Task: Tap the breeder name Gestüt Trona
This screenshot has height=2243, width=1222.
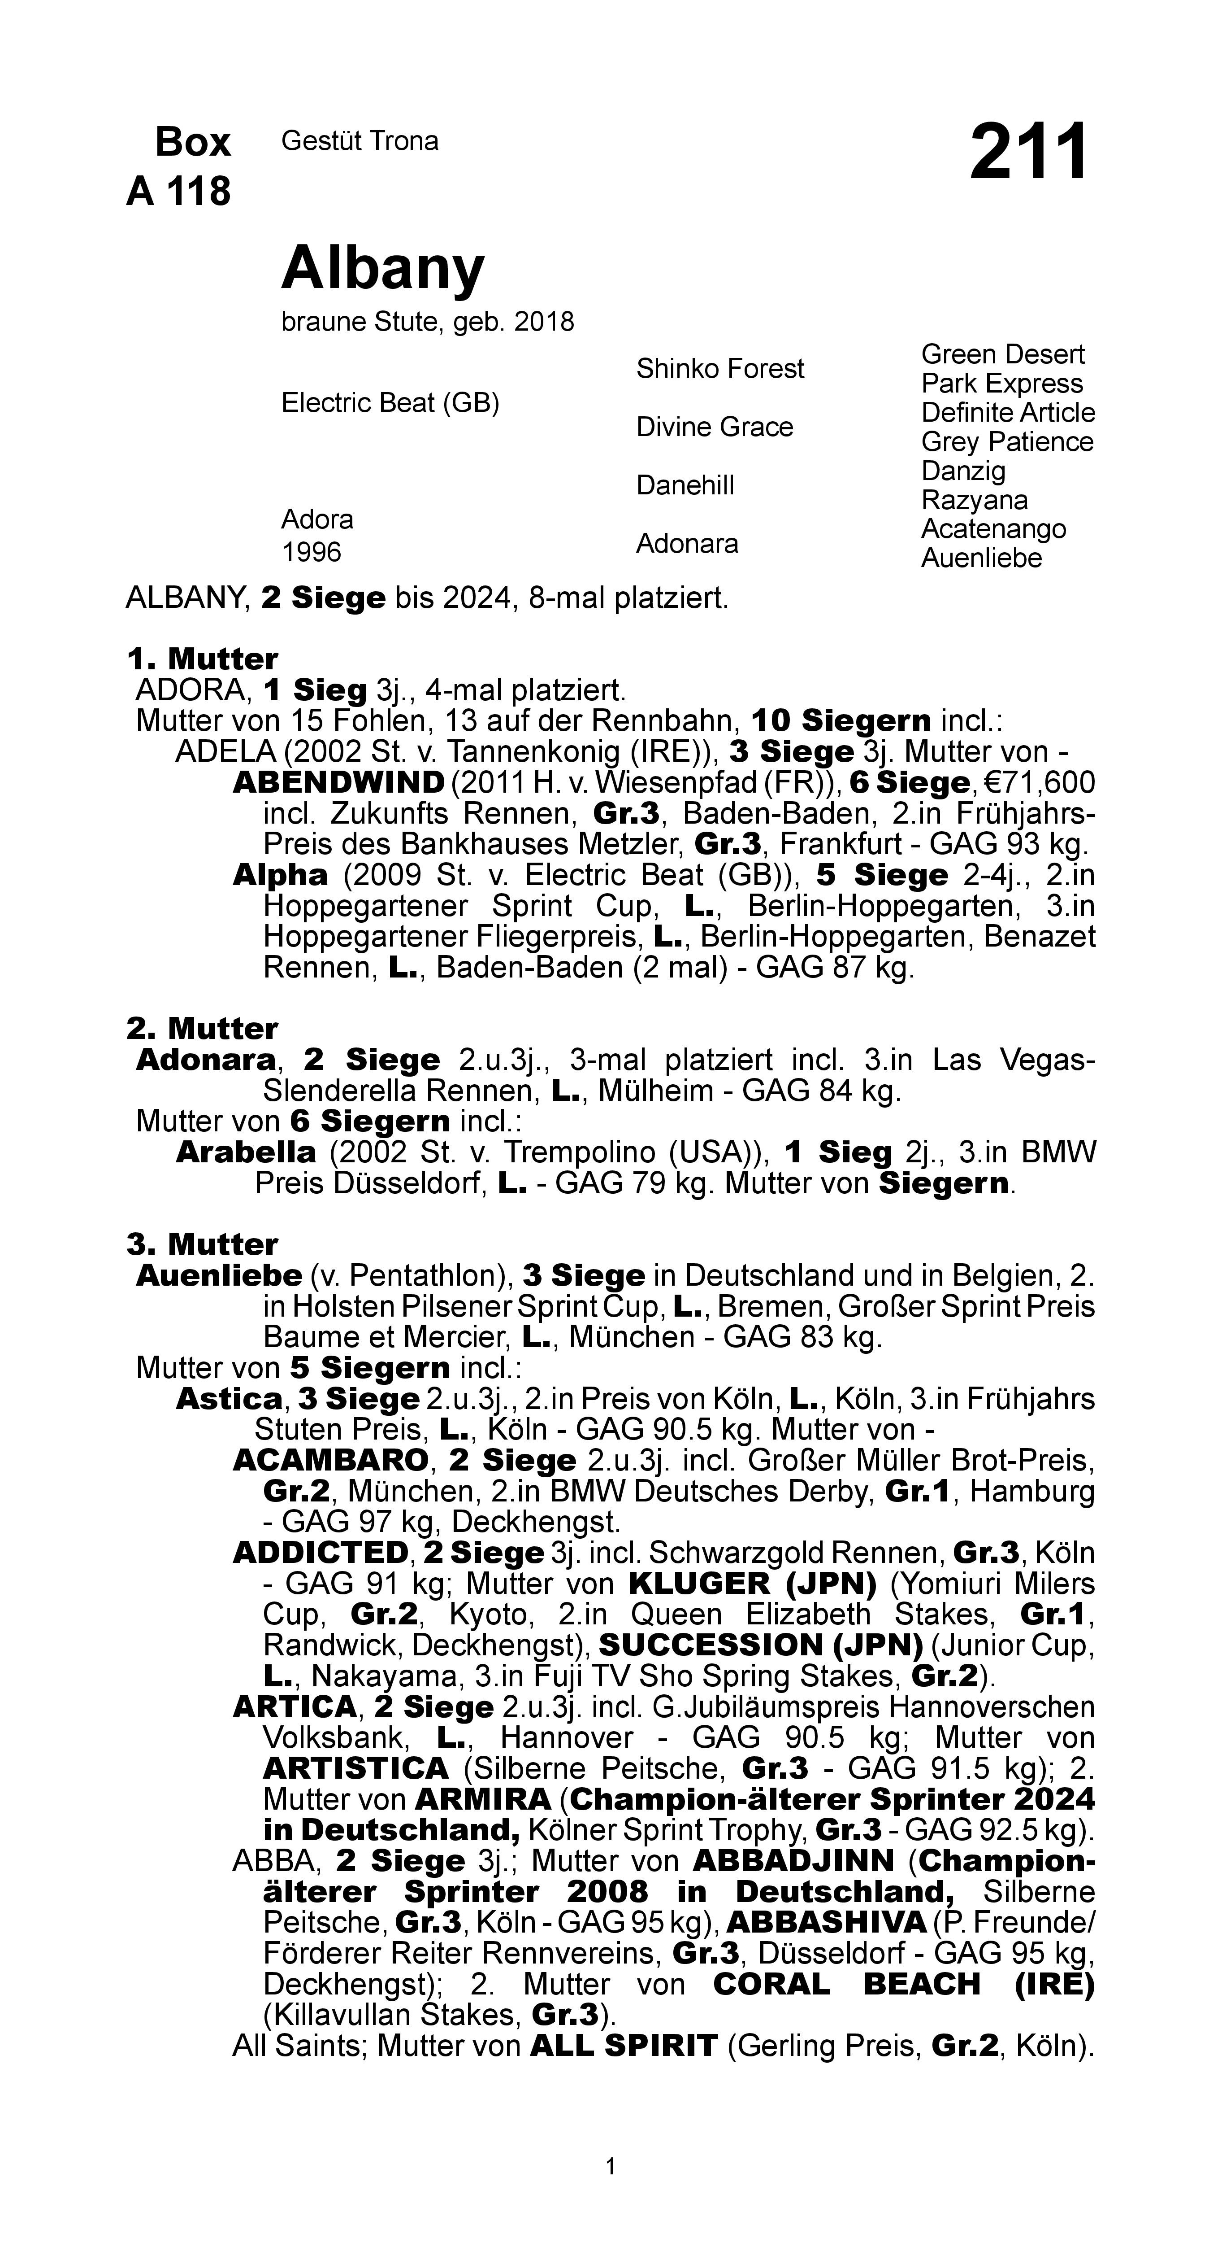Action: click(360, 141)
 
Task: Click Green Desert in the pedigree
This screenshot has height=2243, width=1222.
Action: click(1003, 354)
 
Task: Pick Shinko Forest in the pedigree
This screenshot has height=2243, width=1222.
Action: click(720, 369)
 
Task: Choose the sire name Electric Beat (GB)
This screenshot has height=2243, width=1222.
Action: click(390, 403)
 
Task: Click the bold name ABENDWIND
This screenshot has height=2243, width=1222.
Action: click(338, 783)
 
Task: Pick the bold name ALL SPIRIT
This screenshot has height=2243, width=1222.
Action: click(623, 2045)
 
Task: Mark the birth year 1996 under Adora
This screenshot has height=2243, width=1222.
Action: click(312, 552)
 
